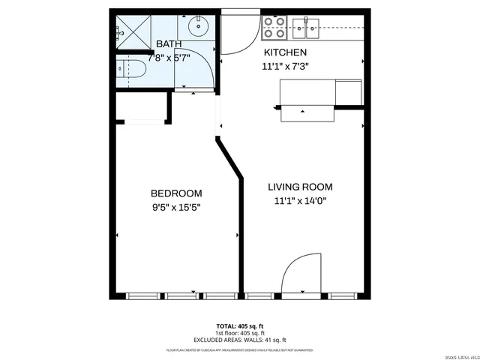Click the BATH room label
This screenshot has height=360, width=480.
[169, 44]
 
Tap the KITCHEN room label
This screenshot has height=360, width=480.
[284, 52]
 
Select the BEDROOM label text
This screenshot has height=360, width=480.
[176, 191]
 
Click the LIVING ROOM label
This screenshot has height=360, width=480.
[301, 187]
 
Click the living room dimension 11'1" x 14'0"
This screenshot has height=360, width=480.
[301, 200]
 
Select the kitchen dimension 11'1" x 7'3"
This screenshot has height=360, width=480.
[286, 66]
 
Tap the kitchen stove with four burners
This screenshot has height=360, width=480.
[274, 28]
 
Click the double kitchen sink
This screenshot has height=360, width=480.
[307, 28]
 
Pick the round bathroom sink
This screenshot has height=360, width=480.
[199, 28]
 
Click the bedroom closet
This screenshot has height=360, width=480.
[140, 109]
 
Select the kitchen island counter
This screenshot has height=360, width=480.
[308, 98]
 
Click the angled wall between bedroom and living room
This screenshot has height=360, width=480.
[229, 157]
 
